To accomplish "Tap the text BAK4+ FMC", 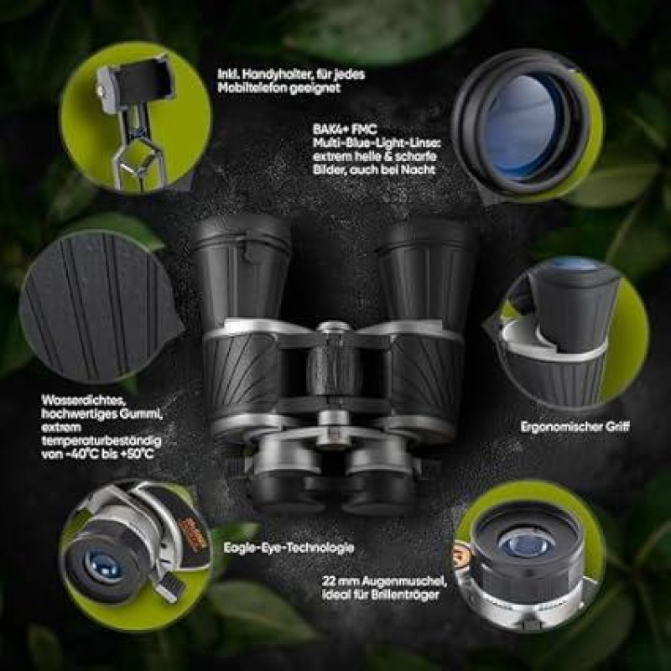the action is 345,129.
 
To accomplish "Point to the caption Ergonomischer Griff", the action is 575,427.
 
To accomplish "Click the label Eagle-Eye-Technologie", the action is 289,548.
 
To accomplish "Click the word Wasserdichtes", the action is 83,401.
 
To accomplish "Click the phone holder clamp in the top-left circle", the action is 137,81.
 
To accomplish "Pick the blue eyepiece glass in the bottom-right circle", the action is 527,544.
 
